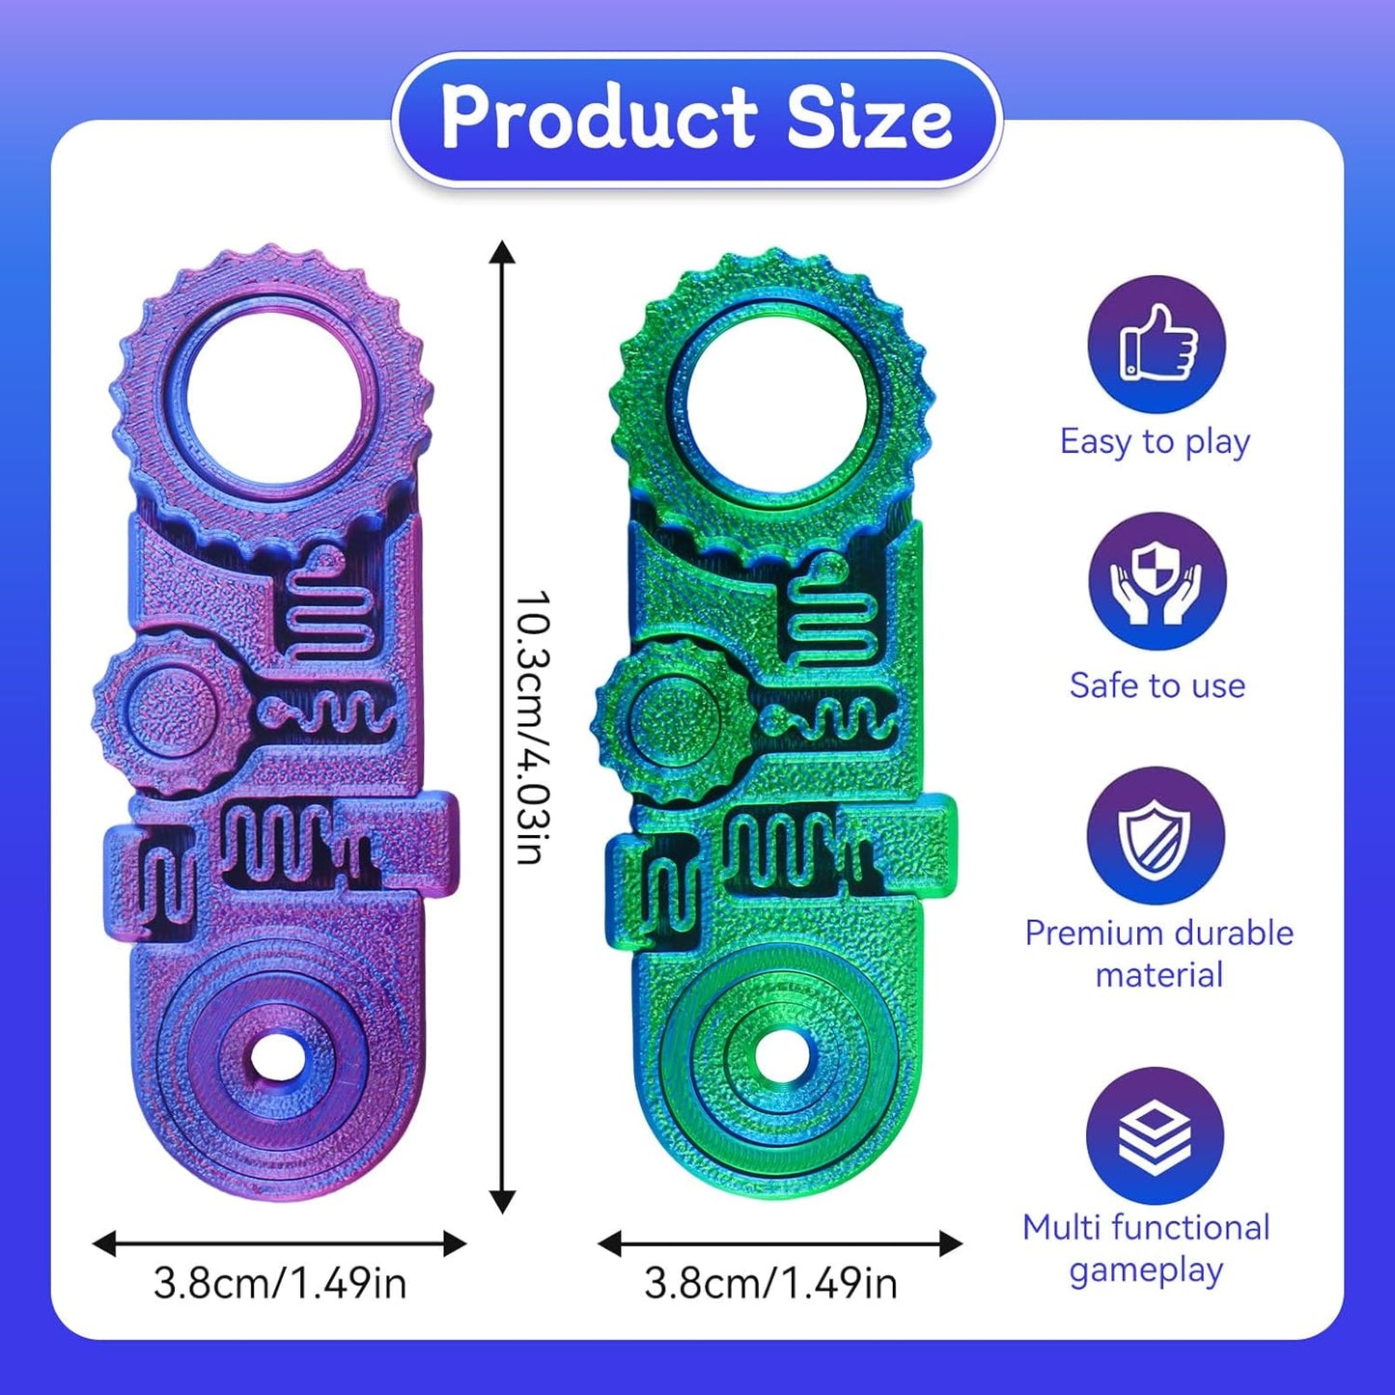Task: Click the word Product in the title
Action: click(x=599, y=118)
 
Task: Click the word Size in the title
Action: click(x=869, y=118)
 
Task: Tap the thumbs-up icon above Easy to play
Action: click(x=1157, y=345)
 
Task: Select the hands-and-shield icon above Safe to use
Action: click(x=1157, y=581)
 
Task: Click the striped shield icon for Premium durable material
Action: click(x=1156, y=836)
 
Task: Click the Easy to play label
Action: click(x=1155, y=442)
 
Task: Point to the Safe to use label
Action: click(x=1157, y=685)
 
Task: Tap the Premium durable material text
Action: click(x=1158, y=954)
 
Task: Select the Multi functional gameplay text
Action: click(x=1146, y=1248)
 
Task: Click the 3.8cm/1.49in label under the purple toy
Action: click(x=280, y=1283)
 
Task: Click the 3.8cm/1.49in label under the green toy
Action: click(x=770, y=1283)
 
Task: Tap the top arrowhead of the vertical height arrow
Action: click(x=502, y=253)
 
